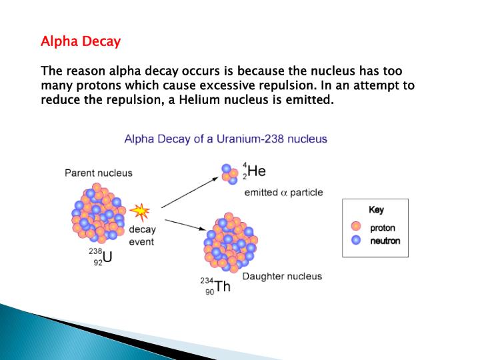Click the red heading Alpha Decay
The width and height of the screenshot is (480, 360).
(81, 41)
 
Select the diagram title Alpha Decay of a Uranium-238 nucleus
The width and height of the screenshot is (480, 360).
(226, 139)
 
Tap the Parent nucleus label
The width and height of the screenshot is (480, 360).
(98, 173)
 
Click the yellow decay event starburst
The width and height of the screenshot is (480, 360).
(139, 211)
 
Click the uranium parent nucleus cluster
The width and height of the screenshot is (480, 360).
(98, 211)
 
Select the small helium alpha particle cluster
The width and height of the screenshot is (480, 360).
(230, 173)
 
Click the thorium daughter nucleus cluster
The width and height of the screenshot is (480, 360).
(229, 243)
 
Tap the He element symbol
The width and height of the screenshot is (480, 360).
(257, 171)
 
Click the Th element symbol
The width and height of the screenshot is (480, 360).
(222, 288)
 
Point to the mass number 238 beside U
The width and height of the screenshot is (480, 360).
(95, 252)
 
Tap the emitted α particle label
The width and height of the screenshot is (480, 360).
(283, 193)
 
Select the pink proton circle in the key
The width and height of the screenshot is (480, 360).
(356, 228)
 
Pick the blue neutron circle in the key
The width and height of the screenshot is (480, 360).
(356, 241)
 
